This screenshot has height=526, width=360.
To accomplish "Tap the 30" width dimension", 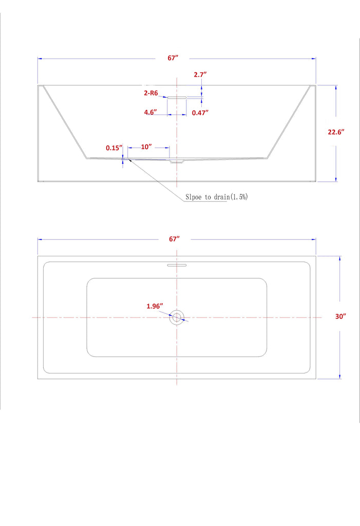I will [x=340, y=316].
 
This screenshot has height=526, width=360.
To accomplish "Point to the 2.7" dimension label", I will [x=200, y=74].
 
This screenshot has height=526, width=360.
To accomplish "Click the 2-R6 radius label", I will [x=151, y=94].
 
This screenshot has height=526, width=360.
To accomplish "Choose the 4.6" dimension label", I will [x=150, y=112].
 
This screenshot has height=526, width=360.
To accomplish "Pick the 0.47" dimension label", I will [x=200, y=112].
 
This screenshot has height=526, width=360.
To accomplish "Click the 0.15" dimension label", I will [x=113, y=148].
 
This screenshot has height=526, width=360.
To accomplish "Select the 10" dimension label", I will [x=146, y=147].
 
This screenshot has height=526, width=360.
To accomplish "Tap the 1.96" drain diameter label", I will [x=155, y=306].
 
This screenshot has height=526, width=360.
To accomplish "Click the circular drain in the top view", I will [x=177, y=317].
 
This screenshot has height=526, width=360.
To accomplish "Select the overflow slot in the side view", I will [x=177, y=96].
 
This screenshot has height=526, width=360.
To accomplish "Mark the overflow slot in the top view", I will [x=177, y=266].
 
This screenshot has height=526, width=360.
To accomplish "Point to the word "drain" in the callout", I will [x=221, y=197].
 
